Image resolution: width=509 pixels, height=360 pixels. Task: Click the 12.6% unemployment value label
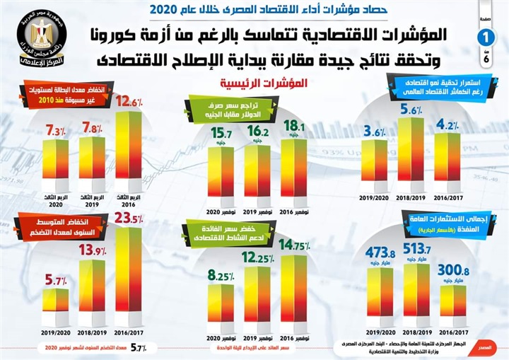click(x=130, y=100)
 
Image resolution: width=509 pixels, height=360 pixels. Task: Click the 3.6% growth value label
click(x=375, y=131)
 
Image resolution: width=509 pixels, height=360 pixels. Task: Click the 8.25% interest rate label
click(x=218, y=275)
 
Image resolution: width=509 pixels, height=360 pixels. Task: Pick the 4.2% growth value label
click(x=447, y=126)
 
